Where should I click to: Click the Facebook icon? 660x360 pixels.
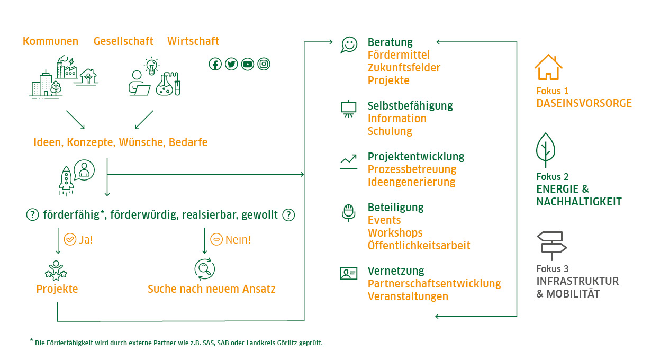[x=215, y=64]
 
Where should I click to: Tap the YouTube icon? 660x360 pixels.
[x=248, y=64]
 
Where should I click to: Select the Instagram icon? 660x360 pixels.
[x=264, y=64]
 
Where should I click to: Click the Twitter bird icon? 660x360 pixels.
[x=231, y=64]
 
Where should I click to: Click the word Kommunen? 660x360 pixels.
[x=50, y=41]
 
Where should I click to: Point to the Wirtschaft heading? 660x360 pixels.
[x=193, y=41]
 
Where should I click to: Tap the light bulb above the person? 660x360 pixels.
[x=152, y=66]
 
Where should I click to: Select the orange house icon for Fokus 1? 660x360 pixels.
[x=548, y=67]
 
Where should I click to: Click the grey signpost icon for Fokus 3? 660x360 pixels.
[x=551, y=244]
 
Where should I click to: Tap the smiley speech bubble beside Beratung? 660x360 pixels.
[x=349, y=45]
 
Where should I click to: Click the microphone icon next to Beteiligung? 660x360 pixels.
[x=348, y=212]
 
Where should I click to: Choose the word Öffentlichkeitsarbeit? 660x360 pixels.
[x=419, y=246]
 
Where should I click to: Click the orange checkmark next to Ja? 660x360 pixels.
[x=69, y=239]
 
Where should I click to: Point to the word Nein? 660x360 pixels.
[x=238, y=239]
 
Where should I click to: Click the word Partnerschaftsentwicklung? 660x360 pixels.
[x=434, y=284]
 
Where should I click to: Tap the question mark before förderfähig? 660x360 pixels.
[x=33, y=215]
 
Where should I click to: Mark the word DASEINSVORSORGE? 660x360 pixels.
[x=584, y=103]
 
